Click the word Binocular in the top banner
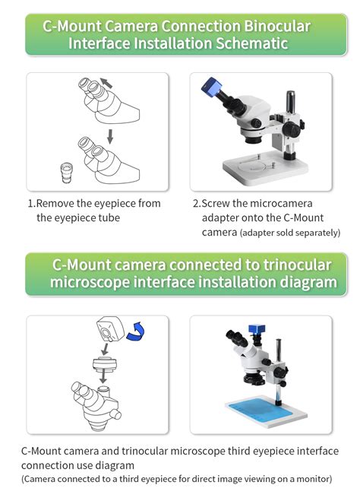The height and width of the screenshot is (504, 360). [x=277, y=26]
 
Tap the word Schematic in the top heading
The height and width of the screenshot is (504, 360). [x=252, y=43]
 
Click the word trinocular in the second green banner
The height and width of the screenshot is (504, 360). [x=297, y=265]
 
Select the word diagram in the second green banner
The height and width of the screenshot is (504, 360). [x=308, y=283]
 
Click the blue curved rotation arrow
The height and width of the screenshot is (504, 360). [x=135, y=331]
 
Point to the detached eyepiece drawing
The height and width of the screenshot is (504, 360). [x=67, y=173]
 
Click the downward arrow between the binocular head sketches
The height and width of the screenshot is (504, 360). [x=110, y=136]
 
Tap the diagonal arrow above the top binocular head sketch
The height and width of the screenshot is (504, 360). [x=106, y=83]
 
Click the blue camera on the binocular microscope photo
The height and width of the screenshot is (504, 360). [x=211, y=86]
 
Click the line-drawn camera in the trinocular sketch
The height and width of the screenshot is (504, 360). [x=110, y=329]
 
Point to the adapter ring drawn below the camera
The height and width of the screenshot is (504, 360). [x=104, y=364]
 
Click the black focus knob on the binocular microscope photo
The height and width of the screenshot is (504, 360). [x=292, y=128]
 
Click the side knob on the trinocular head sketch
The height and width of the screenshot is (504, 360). [x=117, y=415]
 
